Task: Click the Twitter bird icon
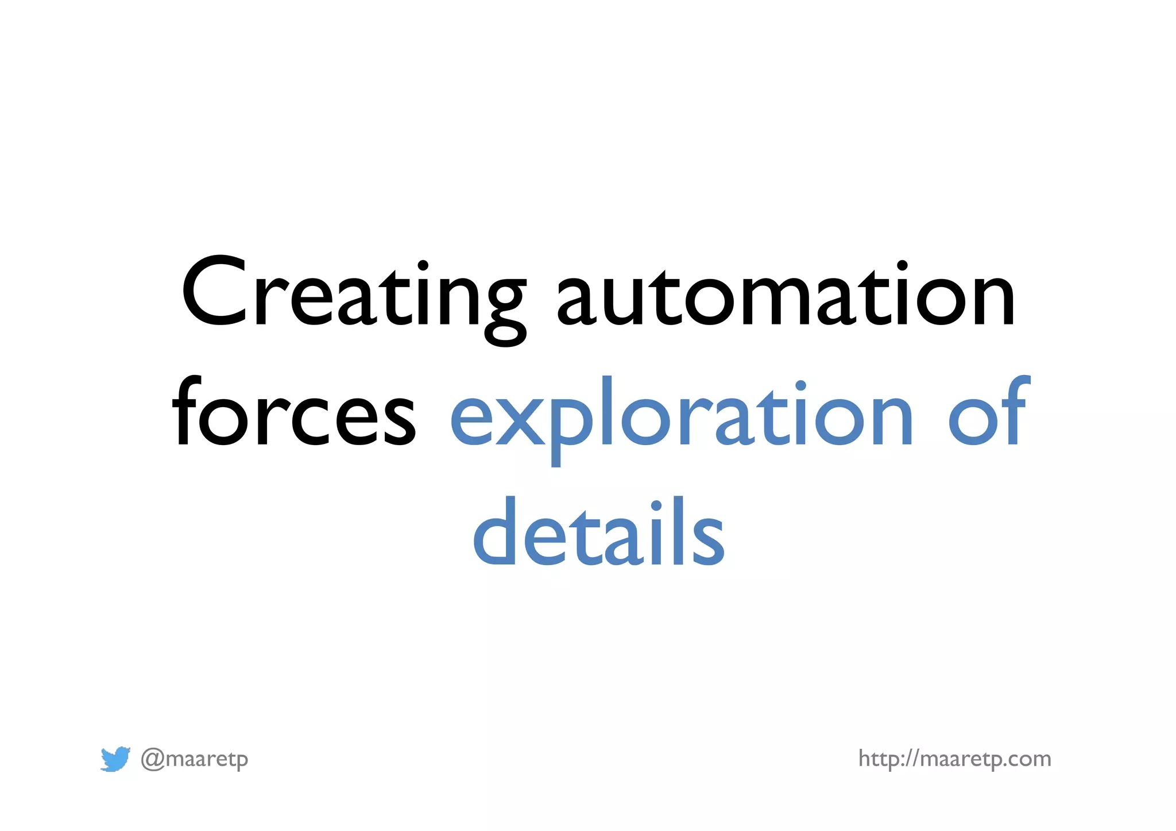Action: click(115, 759)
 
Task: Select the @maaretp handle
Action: click(195, 759)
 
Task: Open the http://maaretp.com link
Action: click(954, 759)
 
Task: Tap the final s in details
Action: click(707, 540)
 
